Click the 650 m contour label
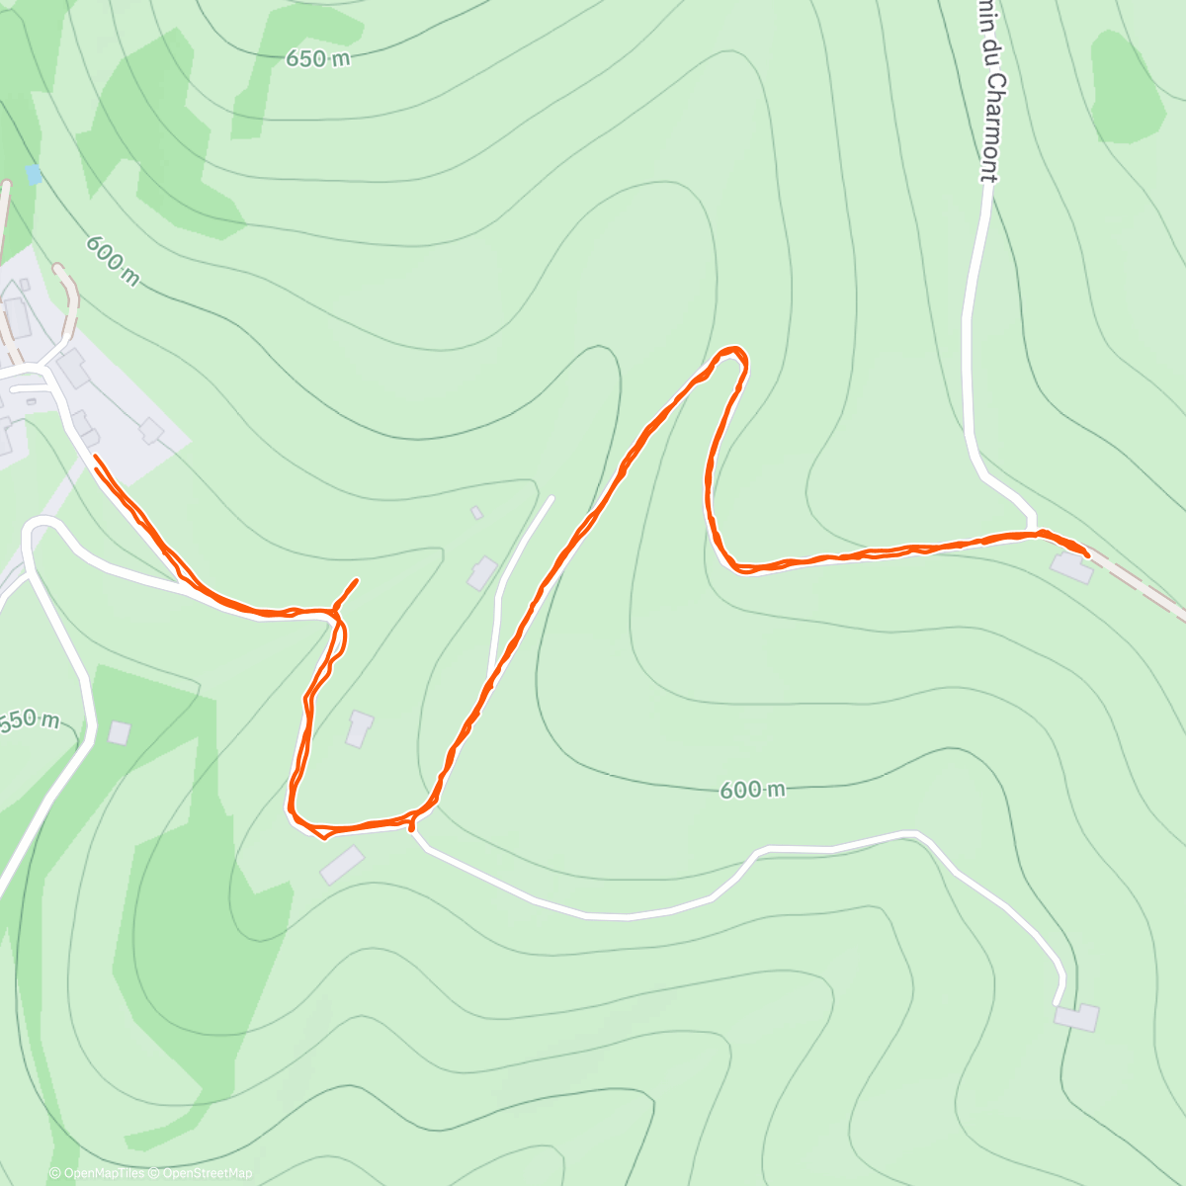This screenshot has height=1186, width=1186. (318, 59)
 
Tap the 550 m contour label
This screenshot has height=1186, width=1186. (30, 720)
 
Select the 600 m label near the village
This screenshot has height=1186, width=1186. (112, 260)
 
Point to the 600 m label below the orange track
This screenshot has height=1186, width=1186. (753, 789)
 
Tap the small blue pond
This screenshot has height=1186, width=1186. (35, 175)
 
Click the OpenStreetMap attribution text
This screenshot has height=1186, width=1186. (208, 1173)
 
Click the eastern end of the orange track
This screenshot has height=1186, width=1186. (1087, 556)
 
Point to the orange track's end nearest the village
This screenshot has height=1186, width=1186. (95, 458)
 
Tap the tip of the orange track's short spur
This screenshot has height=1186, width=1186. (357, 580)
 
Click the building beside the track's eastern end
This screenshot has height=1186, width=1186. (1070, 568)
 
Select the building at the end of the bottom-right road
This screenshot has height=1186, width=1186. (1076, 1017)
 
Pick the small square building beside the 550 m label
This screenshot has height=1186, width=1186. (119, 732)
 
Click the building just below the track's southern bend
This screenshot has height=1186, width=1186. (342, 865)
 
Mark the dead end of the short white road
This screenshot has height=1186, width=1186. (551, 498)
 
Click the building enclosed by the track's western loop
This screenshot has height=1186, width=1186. (359, 728)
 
